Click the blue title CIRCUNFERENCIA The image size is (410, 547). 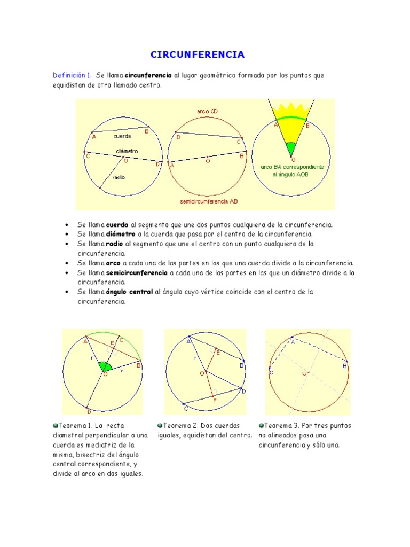point(198,54)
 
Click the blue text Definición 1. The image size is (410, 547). point(72,75)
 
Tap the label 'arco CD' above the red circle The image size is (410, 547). point(207,111)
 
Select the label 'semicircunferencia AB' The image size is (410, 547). point(209,202)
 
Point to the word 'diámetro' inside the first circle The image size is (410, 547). point(127,151)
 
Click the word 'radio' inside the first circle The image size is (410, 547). point(119,177)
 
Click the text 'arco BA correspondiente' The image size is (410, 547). point(292,167)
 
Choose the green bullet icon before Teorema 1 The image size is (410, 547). point(55,426)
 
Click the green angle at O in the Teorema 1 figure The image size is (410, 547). point(105,366)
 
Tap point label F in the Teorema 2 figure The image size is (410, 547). point(215,400)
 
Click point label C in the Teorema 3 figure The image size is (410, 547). point(271,372)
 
